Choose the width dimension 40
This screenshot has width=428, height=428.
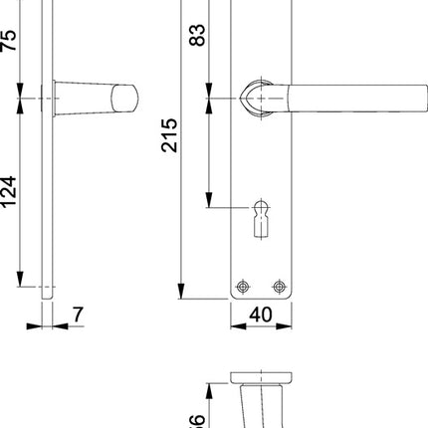pyautogui.click(x=262, y=315)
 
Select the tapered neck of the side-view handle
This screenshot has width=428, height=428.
pyautogui.click(x=85, y=100)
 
